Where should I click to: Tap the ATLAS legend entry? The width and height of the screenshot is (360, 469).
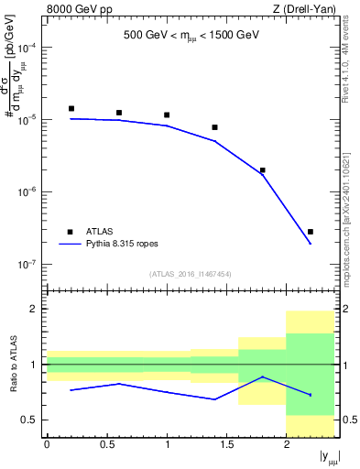point(99,232)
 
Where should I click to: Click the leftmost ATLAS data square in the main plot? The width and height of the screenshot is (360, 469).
point(71,108)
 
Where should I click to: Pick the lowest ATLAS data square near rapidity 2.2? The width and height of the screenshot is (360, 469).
point(311,232)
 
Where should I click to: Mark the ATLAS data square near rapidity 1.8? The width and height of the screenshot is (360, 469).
point(263,170)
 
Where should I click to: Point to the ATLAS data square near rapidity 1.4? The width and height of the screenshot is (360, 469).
point(214,127)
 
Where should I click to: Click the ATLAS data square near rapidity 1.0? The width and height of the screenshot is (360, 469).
point(167,115)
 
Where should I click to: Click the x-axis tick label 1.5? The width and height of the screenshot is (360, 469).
point(226,444)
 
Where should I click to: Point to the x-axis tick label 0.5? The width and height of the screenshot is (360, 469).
point(106,444)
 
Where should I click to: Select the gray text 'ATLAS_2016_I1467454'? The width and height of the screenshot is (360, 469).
point(191,274)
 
